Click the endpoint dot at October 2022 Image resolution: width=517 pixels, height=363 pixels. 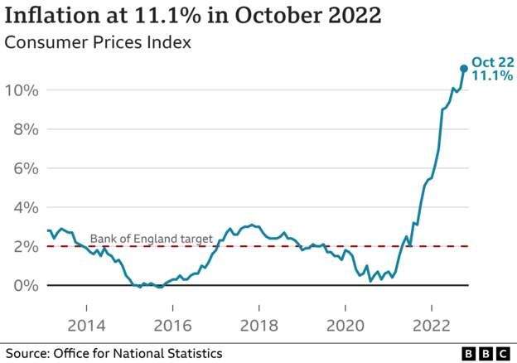point(464,69)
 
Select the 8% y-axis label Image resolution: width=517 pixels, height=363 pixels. point(25,128)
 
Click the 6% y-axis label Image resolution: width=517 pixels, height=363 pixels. point(25,167)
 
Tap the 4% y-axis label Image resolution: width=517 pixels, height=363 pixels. point(25,207)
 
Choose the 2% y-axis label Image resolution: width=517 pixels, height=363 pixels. point(25,246)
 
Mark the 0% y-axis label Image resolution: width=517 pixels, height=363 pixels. point(25,285)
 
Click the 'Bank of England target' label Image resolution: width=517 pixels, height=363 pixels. point(152,239)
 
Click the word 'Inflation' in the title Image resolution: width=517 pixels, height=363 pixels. point(51,17)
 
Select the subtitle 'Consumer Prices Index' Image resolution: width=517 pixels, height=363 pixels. point(99,42)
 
